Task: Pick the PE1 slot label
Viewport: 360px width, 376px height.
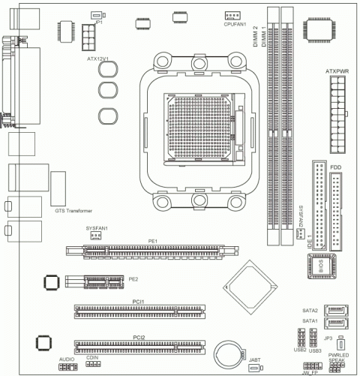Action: point(151,241)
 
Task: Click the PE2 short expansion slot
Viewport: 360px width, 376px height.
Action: point(92,282)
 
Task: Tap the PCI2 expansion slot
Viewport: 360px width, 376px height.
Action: point(137,347)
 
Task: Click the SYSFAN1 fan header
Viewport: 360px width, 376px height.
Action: point(95,236)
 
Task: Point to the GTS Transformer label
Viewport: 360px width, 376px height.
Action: point(73,211)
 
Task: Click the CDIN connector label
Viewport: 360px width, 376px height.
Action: point(92,359)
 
